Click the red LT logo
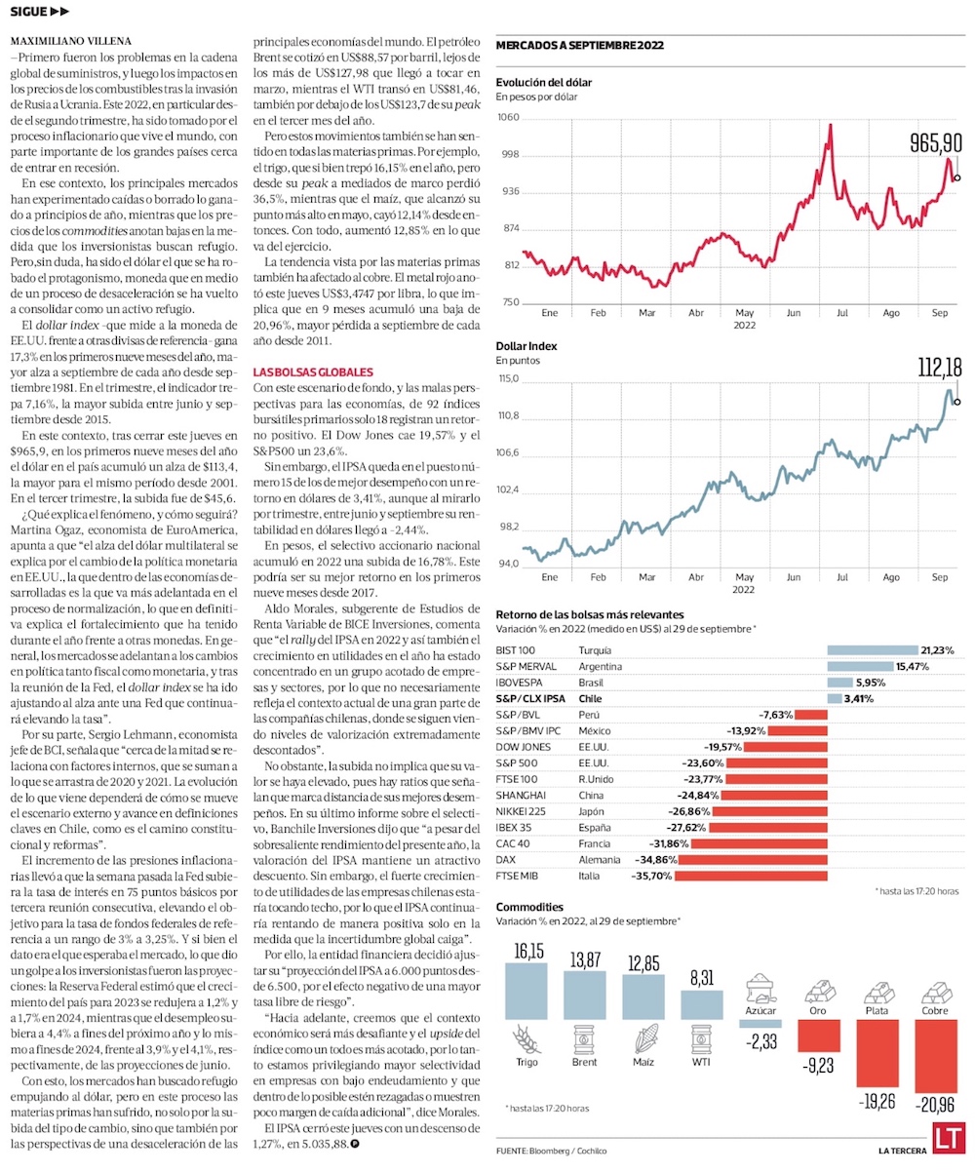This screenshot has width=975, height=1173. (x=948, y=1139)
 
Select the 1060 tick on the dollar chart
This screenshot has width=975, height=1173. (x=510, y=118)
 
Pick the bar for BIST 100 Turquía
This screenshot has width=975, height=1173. (x=873, y=649)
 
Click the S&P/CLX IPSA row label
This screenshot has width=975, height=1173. (x=531, y=698)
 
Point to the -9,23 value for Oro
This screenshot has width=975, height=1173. (x=819, y=1065)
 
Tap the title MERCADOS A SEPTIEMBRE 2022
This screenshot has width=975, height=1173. (x=580, y=45)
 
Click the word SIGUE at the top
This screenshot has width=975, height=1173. (x=30, y=12)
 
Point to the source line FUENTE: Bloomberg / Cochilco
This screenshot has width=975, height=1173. (x=551, y=1152)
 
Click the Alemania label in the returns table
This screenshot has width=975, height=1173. (x=599, y=860)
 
